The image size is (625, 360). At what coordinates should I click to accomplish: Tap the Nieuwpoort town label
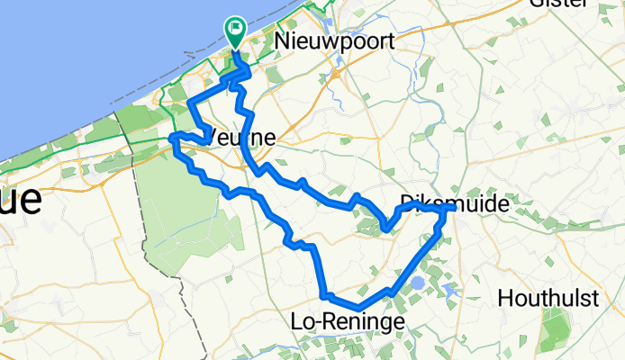tap(325, 40)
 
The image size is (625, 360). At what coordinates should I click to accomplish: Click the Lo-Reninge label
tap(342, 320)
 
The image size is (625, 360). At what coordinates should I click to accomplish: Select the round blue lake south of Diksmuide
tap(418, 283)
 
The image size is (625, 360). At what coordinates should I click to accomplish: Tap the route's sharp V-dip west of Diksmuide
tap(385, 228)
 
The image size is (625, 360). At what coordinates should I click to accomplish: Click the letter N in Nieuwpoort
tap(284, 40)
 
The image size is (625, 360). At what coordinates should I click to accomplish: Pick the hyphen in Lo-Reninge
tap(318, 320)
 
